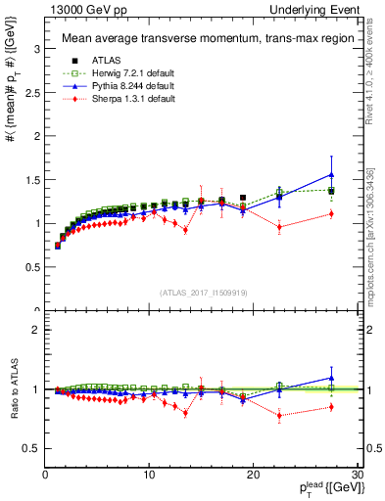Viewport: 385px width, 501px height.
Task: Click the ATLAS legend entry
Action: point(98,59)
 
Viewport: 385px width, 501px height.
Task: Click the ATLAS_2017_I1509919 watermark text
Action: point(202,292)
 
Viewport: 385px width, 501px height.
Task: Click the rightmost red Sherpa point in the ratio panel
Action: point(331,407)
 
